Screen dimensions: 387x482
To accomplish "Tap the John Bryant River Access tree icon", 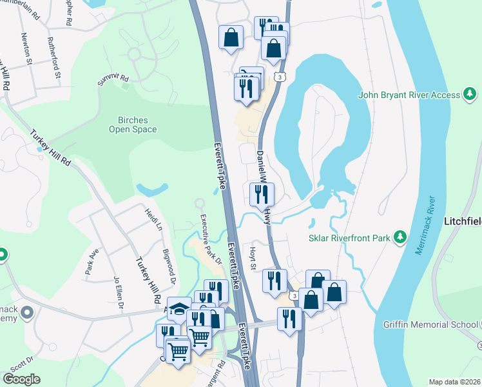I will tap(470, 95).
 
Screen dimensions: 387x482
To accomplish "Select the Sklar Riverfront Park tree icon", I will tap(400, 238).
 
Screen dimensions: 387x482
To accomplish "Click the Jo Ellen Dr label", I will tap(117, 293).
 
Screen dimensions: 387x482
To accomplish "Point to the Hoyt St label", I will tap(253, 257).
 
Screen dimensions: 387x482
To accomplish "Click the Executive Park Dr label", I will tap(210, 239).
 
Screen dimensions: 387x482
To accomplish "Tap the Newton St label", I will tap(26, 49).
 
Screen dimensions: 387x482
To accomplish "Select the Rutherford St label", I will tap(53, 57).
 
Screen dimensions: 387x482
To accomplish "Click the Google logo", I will tap(21, 379).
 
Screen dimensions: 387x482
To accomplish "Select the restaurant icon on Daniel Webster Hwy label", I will tap(262, 193).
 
